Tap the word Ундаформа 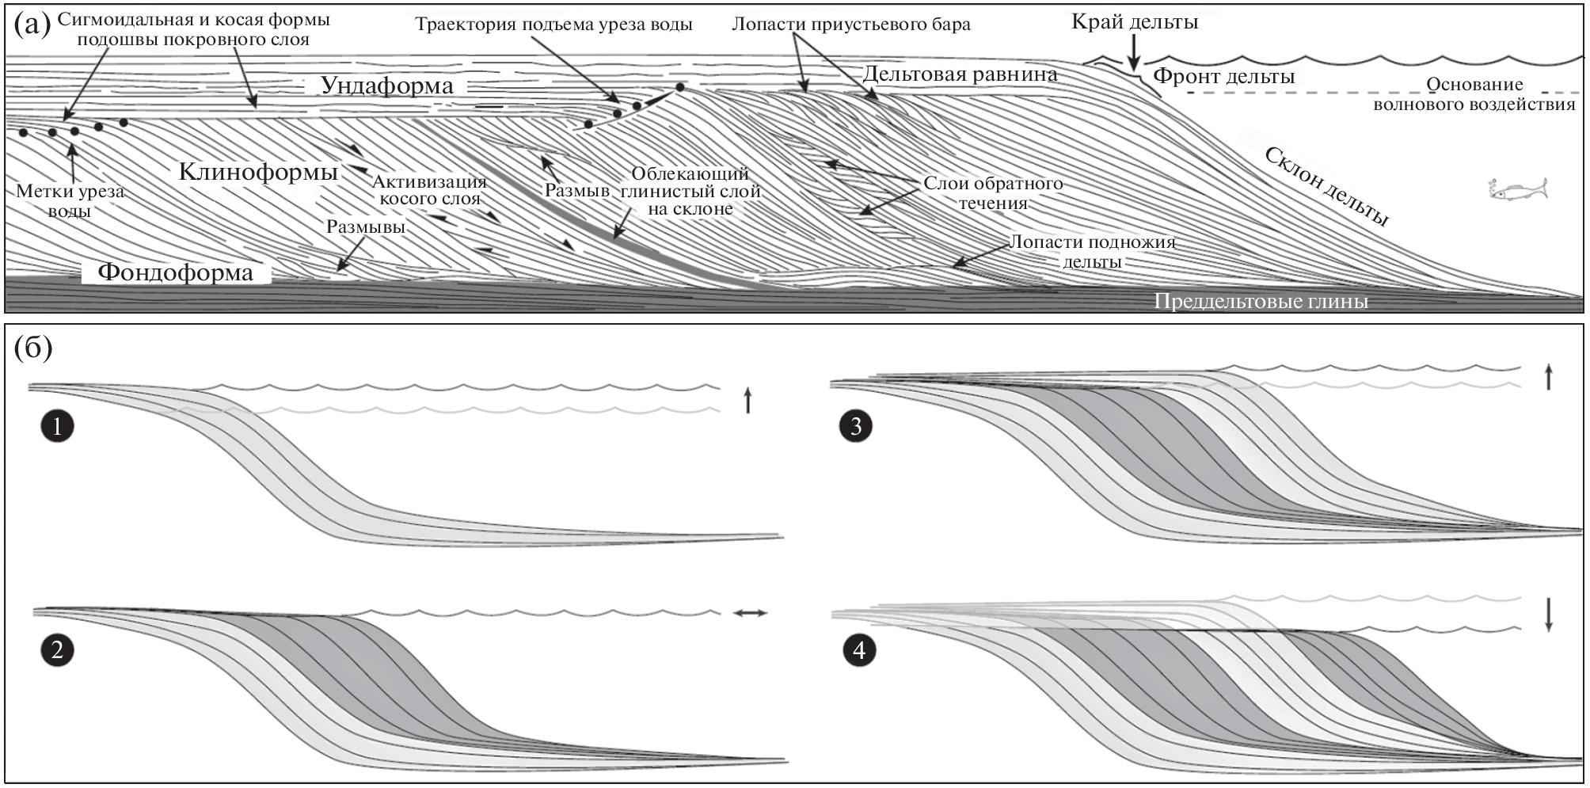386,86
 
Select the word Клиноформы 258,172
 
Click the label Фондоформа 175,273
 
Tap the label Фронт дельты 1223,77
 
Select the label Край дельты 1134,22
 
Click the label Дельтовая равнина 960,74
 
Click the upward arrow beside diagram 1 747,401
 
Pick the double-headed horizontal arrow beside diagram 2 749,612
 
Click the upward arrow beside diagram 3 1548,377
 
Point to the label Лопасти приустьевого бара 850,25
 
